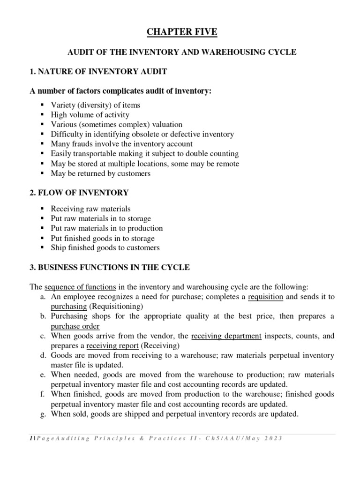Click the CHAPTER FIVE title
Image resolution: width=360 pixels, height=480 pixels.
182,32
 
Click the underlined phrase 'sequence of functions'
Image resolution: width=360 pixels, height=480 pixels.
80,287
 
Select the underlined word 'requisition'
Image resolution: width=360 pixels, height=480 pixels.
265,297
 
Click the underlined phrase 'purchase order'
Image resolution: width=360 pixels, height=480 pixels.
75,326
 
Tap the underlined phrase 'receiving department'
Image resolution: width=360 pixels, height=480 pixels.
226,336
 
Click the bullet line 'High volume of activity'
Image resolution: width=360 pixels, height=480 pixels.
90,115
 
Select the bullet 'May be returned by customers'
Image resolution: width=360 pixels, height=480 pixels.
101,173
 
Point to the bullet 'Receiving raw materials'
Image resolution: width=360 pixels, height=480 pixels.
90,209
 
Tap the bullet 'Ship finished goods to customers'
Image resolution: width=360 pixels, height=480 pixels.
105,247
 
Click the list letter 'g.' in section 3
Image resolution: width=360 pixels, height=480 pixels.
43,414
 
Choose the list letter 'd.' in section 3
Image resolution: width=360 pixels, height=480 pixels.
43,356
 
